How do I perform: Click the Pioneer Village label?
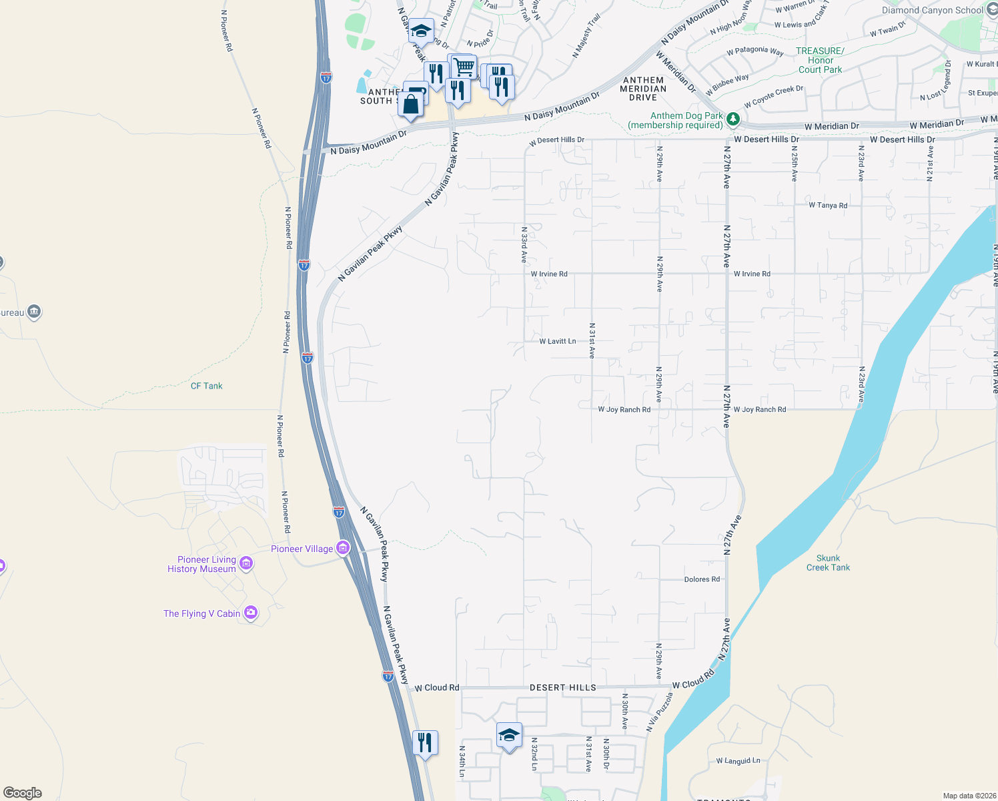pos(302,549)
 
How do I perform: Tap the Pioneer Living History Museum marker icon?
pos(246,564)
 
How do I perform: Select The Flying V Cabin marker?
pos(251,613)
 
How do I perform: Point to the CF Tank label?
pos(206,386)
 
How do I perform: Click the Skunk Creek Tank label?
pos(828,563)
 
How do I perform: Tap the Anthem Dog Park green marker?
pos(733,119)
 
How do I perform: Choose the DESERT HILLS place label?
pos(563,688)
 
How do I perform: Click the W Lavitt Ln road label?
pos(558,341)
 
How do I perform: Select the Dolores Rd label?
pos(702,579)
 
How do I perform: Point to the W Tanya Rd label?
pos(828,206)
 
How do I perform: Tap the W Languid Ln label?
pos(738,761)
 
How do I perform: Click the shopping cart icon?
pos(463,67)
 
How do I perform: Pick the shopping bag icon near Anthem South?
pos(411,105)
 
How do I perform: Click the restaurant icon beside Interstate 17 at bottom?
pos(425,742)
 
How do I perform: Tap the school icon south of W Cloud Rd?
pos(509,736)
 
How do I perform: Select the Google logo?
pos(23,793)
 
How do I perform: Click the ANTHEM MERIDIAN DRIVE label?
pos(643,89)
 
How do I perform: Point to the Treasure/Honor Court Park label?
pos(820,60)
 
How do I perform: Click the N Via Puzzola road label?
pos(660,712)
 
